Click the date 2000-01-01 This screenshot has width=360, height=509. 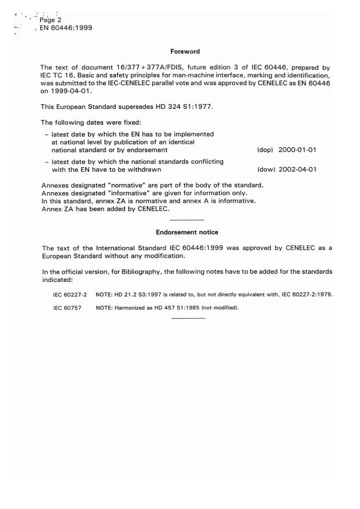coord(298,150)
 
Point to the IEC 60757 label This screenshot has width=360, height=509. coord(66,307)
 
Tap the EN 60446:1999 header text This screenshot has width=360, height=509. coord(69,27)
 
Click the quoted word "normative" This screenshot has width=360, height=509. coord(130,185)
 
